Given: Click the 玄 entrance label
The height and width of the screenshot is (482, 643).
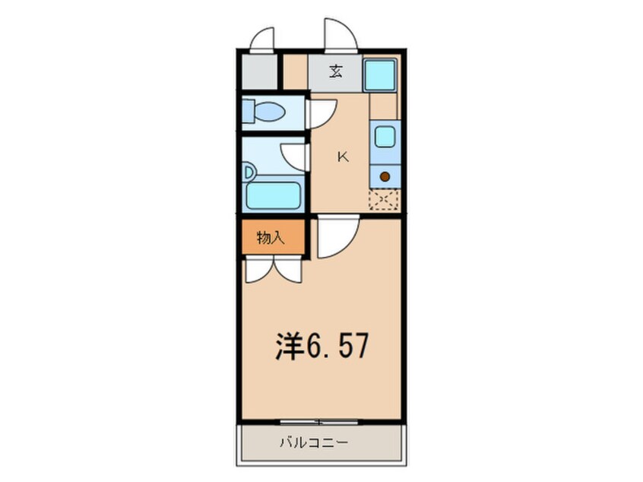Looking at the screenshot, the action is (x=336, y=73).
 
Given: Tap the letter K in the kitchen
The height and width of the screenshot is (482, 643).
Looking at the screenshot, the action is (x=343, y=157).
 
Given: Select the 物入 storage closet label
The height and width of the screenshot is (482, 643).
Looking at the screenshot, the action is (x=271, y=237).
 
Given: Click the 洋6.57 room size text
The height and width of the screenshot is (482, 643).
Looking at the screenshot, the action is (x=322, y=347).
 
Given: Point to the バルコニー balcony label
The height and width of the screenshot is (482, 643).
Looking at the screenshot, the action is (x=314, y=442).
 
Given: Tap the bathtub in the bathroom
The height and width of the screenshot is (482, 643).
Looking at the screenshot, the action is (x=274, y=195).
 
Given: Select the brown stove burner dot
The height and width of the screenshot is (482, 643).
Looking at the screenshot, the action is (x=385, y=177).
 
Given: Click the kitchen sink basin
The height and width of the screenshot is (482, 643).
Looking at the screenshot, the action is (x=385, y=137).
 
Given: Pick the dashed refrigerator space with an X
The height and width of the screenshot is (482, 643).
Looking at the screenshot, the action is (x=385, y=199).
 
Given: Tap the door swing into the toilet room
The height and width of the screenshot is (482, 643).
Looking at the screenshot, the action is (x=323, y=113).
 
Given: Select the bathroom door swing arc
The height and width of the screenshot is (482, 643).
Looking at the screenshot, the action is (x=294, y=157).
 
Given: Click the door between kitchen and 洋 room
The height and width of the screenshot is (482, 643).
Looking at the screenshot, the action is (x=338, y=237).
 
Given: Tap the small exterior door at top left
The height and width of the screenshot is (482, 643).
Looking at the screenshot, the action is (x=261, y=40).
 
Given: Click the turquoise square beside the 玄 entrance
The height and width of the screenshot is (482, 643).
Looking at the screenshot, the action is (x=380, y=75).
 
